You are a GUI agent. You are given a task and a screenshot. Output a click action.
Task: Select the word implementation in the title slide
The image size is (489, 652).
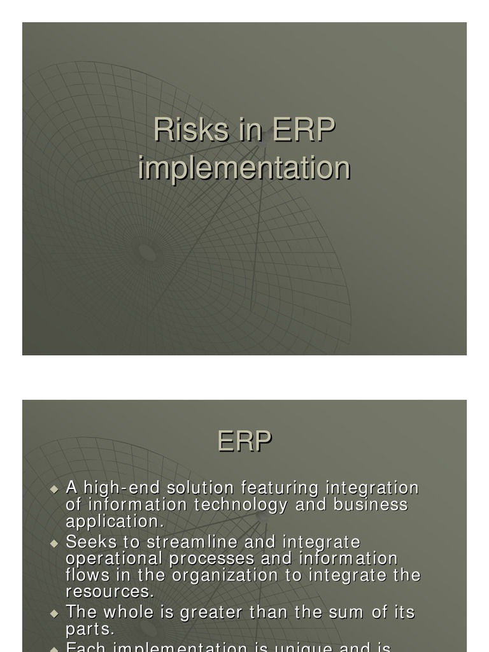click(x=244, y=168)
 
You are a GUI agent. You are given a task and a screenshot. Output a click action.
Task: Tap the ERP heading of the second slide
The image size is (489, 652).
click(x=244, y=441)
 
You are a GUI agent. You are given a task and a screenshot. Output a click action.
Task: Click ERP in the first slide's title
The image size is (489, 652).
click(x=304, y=130)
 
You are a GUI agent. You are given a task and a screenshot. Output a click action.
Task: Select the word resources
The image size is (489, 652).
click(x=110, y=592)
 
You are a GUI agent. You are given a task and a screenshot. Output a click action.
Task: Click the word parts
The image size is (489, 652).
click(x=90, y=629)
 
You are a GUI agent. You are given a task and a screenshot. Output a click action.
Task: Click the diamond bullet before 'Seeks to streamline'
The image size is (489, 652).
click(x=54, y=543)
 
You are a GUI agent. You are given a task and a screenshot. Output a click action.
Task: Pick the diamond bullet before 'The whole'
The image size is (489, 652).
click(x=54, y=614)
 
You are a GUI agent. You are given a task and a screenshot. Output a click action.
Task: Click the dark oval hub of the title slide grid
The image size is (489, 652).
click(x=148, y=252)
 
